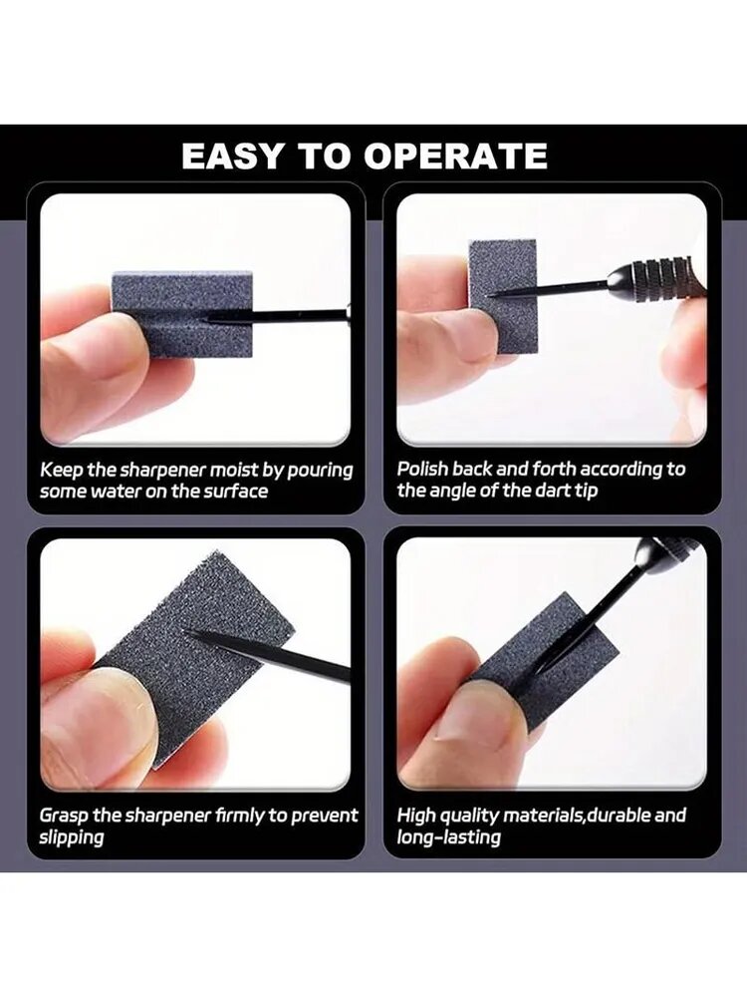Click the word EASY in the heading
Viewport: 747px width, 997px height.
pos(232,156)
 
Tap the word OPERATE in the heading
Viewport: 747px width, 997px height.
pos(455,156)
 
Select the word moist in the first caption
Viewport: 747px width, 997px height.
pos(234,470)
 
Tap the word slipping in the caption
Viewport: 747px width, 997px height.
pos(71,837)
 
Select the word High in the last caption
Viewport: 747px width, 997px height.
pos(416,816)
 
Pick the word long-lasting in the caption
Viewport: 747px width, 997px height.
pos(448,837)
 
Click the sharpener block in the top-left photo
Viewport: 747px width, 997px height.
pos(182,314)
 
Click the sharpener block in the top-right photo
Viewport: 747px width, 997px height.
pos(503,292)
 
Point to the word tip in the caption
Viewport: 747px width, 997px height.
pos(587,492)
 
